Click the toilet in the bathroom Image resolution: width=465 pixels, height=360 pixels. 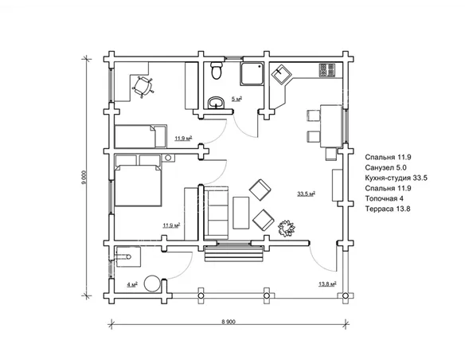coord(217,70)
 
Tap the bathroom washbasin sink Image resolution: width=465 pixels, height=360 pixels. coord(217,103)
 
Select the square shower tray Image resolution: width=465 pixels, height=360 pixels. coord(252,73)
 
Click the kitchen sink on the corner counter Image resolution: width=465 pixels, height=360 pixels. coord(281,74)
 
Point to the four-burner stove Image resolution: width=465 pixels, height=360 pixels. coord(326,70)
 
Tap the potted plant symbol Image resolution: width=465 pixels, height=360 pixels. coord(287,228)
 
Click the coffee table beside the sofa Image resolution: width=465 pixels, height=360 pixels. coord(240,213)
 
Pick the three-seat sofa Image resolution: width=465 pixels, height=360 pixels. coord(217,213)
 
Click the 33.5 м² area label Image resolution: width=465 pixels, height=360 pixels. coord(306,194)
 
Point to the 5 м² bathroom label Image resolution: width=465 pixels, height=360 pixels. coord(236,99)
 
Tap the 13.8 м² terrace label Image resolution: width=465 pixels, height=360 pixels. coord(327,284)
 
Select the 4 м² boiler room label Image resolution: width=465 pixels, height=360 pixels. coord(132,284)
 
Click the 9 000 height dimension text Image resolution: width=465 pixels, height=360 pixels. coord(84,178)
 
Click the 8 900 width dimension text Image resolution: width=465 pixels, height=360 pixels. coord(229,322)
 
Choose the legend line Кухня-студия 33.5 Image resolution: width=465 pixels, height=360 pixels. coord(397,178)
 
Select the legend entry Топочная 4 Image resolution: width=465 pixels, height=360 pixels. coord(384,198)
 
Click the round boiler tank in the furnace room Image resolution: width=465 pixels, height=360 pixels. coord(152,284)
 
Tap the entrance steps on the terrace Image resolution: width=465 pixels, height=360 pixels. coord(234,253)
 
